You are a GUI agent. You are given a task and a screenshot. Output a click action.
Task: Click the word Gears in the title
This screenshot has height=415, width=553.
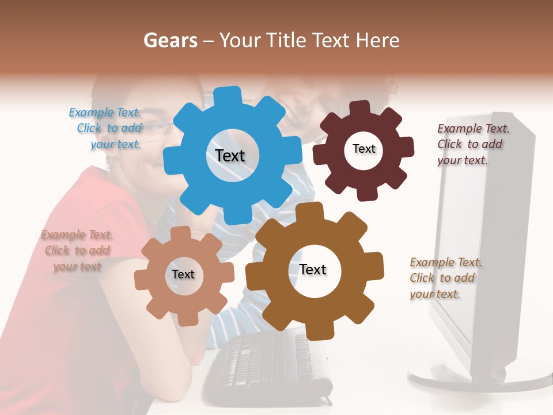[x=170, y=40]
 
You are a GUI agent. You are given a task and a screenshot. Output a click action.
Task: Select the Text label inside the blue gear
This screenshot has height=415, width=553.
[x=230, y=156]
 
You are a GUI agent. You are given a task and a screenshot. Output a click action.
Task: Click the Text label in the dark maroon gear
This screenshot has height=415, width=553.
[x=363, y=149]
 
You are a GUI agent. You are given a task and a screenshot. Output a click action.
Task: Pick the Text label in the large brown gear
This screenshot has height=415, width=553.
[x=313, y=270]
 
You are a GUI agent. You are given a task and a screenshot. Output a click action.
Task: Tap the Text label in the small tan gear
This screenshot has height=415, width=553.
[x=183, y=274]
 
